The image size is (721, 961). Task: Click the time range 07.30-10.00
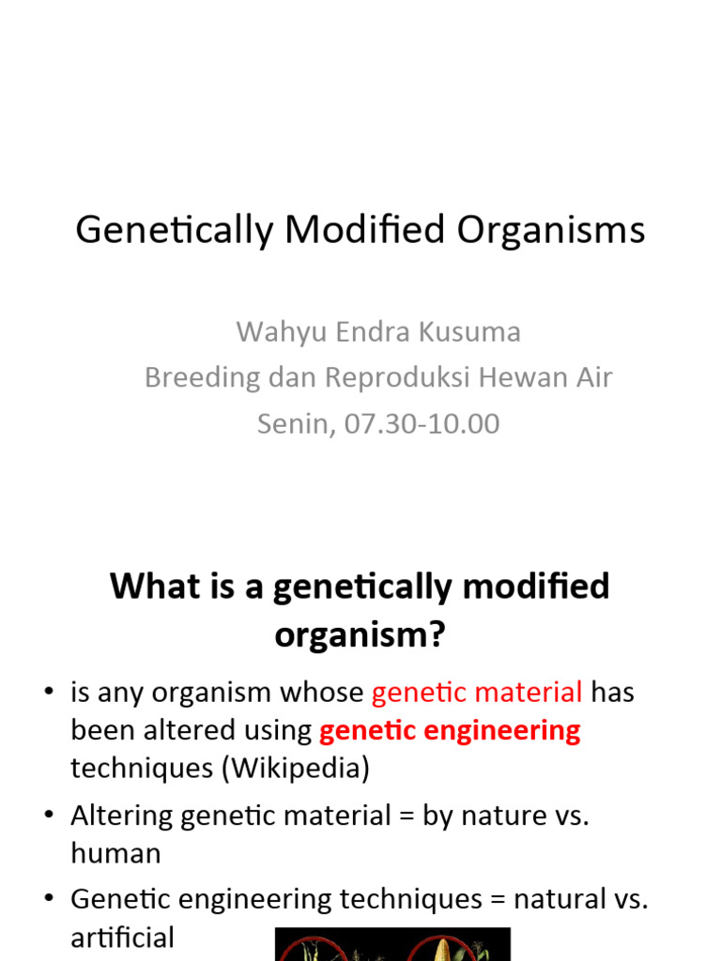point(422,423)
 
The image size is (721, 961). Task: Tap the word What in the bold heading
point(155,587)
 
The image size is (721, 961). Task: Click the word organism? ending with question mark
point(360,635)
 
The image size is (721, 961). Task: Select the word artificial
point(122,938)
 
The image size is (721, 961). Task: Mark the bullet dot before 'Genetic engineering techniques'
point(48,900)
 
